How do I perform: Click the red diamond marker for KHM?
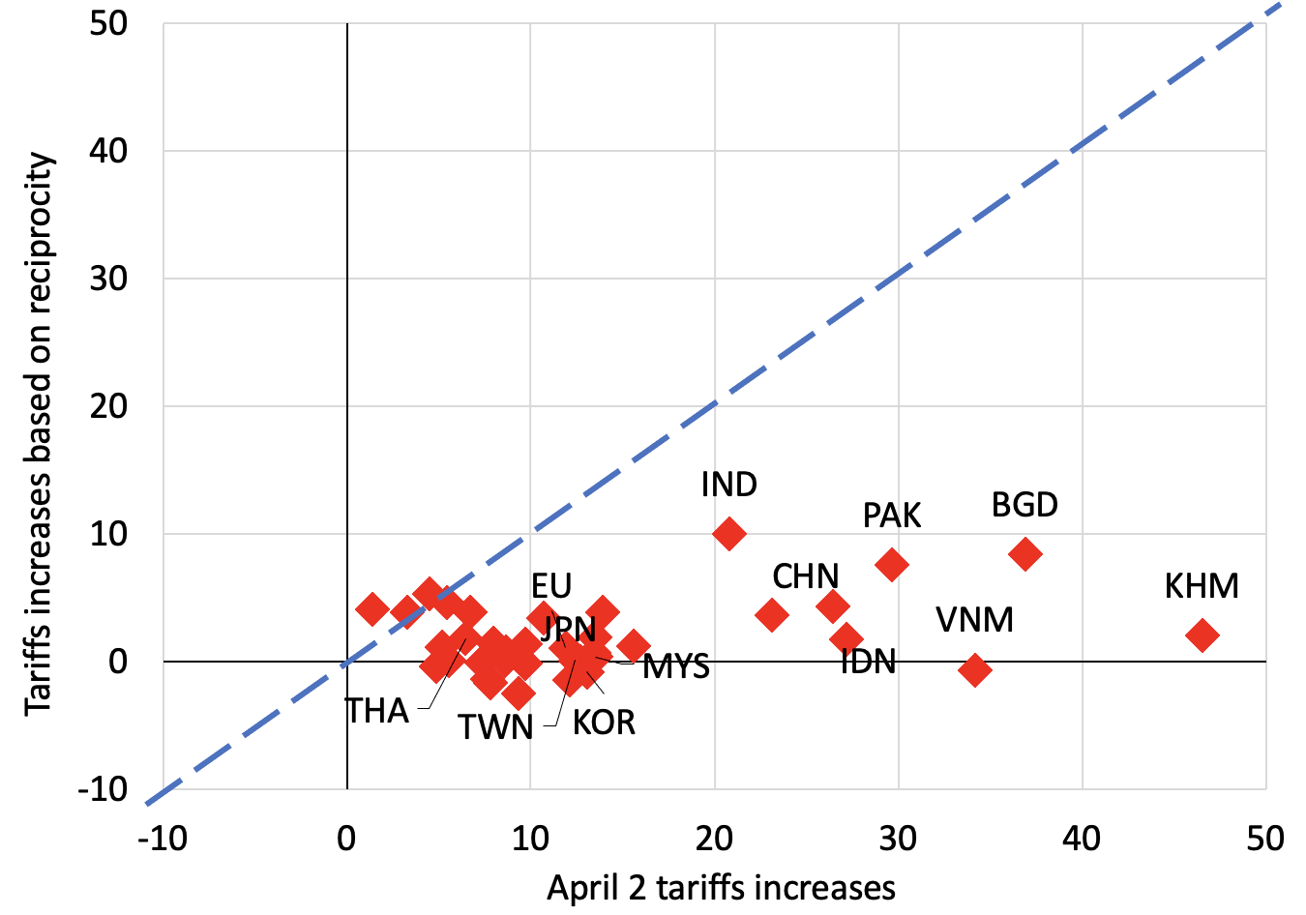click(1202, 635)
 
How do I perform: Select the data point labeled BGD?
click(1024, 554)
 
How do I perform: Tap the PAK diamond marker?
click(891, 564)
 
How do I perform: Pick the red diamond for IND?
click(728, 533)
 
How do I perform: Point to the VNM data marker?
click(974, 670)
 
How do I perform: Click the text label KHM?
click(1202, 586)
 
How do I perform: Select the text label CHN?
click(805, 576)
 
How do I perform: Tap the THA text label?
click(377, 711)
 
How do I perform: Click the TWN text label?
click(495, 727)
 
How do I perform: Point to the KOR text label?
click(604, 723)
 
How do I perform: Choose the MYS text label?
click(676, 666)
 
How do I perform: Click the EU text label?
click(551, 586)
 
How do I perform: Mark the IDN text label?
click(868, 662)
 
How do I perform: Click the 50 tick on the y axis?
click(108, 23)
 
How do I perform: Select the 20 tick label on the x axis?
click(714, 839)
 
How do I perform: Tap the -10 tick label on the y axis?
click(103, 789)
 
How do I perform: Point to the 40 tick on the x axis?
click(1082, 839)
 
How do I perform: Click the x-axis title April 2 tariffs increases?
click(721, 887)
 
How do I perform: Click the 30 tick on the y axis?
click(108, 279)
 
